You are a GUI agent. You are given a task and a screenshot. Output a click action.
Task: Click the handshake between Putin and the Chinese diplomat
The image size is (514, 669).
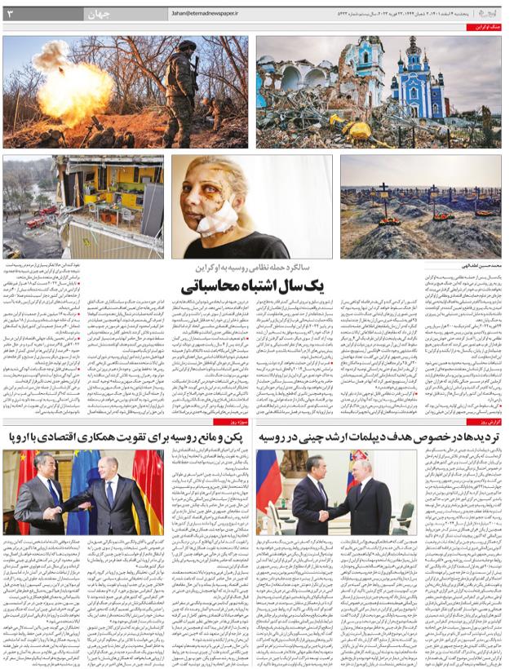322,514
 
